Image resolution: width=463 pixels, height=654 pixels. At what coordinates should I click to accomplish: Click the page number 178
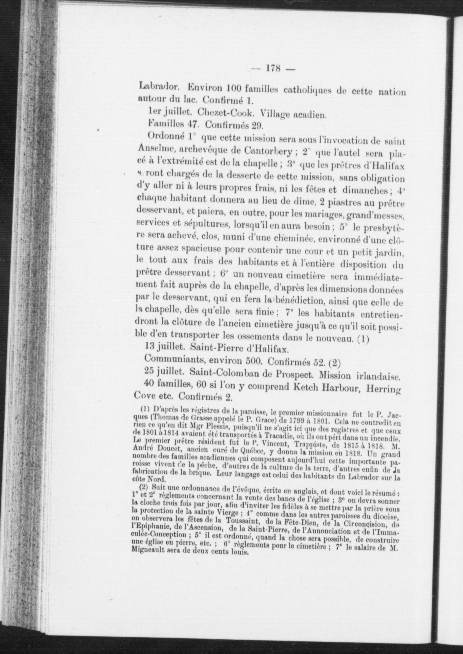[x=273, y=69]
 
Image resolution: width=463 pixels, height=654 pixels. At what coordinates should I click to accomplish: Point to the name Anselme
[x=155, y=149]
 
